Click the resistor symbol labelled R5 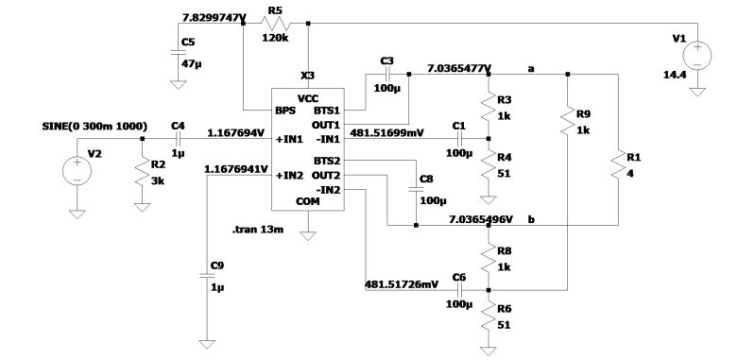(275, 22)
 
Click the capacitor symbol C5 (176, 55)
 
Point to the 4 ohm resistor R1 (618, 166)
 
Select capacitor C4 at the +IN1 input (177, 138)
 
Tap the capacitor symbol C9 (205, 275)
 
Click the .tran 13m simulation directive (259, 230)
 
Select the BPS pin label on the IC (285, 111)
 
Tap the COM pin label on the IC (308, 200)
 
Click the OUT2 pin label (327, 175)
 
